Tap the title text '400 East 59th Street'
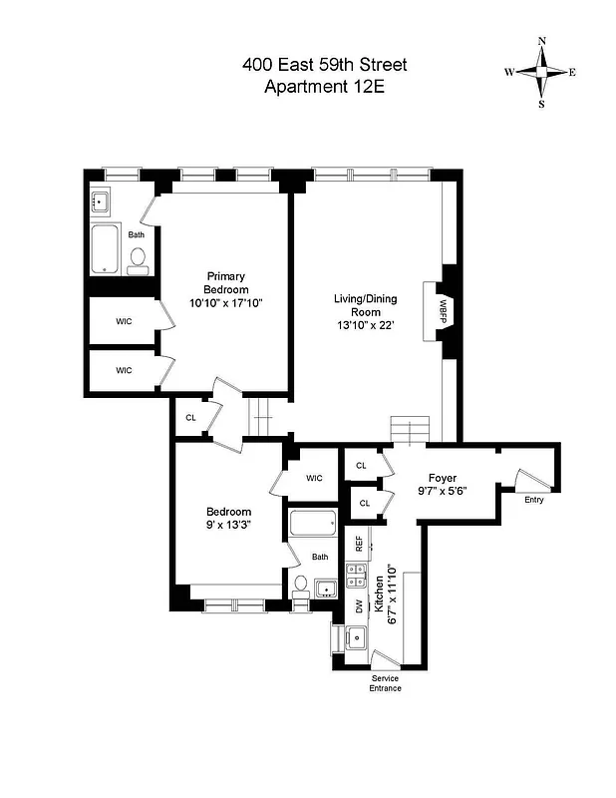point(324,66)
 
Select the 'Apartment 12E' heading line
point(324,87)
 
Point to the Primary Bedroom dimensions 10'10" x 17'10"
point(226,302)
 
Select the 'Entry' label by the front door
point(534,499)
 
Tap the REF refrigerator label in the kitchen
point(359,544)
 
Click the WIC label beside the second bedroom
point(314,478)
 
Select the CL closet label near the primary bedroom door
point(190,417)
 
